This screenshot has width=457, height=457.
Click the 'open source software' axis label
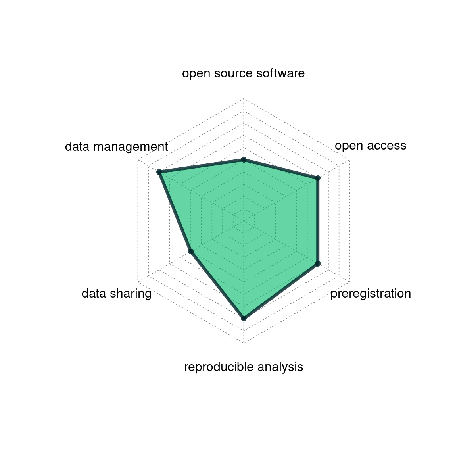(x=243, y=73)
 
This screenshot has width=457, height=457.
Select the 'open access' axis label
(x=371, y=146)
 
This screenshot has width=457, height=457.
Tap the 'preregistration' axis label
(x=371, y=294)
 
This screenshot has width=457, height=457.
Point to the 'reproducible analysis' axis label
(x=243, y=367)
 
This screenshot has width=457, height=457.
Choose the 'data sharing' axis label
(x=117, y=294)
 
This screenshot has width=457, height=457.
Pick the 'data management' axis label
(x=117, y=147)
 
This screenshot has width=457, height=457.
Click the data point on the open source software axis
(x=244, y=160)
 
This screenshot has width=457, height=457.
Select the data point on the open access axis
(x=318, y=178)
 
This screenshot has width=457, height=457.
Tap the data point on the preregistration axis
(x=318, y=264)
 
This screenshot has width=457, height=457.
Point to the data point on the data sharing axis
(x=191, y=252)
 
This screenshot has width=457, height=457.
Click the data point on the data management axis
(x=159, y=172)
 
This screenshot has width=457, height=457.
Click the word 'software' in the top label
(x=280, y=73)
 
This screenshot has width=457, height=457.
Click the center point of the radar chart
(x=244, y=221)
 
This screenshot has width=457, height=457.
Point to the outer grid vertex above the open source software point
(x=244, y=99)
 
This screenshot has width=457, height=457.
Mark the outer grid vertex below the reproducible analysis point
(x=244, y=343)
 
